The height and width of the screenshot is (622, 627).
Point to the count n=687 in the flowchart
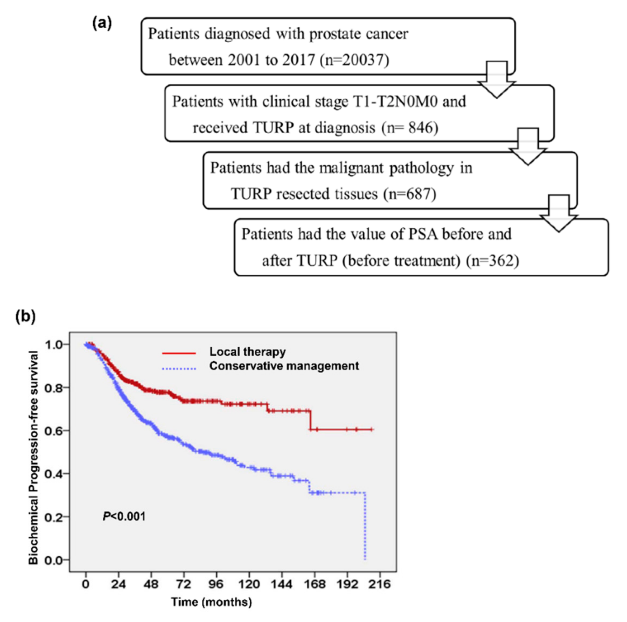(x=410, y=194)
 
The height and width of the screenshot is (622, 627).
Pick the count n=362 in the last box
(x=493, y=261)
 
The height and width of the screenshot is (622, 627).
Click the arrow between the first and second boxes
(x=497, y=80)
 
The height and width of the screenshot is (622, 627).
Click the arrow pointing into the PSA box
(x=559, y=213)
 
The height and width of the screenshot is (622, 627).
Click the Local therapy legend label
(x=247, y=352)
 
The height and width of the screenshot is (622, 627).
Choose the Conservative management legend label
(x=284, y=366)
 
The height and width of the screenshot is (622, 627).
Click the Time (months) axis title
(x=211, y=602)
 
